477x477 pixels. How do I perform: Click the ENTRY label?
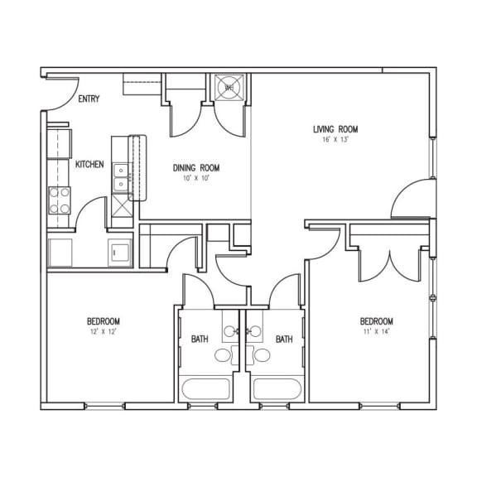pyautogui.click(x=89, y=99)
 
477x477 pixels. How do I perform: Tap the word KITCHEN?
pyautogui.click(x=89, y=165)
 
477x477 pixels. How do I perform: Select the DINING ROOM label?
pyautogui.click(x=196, y=166)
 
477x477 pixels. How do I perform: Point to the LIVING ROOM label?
pyautogui.click(x=335, y=128)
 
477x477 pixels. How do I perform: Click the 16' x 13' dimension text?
pyautogui.click(x=335, y=140)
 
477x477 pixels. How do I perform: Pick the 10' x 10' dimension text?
pyautogui.click(x=195, y=178)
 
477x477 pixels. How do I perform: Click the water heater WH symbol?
pyautogui.click(x=228, y=86)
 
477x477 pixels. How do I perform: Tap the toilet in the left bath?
pyautogui.click(x=223, y=356)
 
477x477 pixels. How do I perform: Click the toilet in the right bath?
pyautogui.click(x=263, y=356)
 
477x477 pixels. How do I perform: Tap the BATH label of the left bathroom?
pyautogui.click(x=200, y=339)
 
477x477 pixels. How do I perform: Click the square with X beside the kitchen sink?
pyautogui.click(x=121, y=210)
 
